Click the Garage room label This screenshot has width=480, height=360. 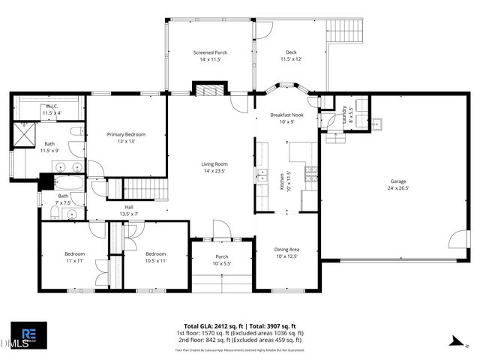pyautogui.click(x=397, y=184)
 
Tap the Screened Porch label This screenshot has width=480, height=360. pyautogui.click(x=210, y=55)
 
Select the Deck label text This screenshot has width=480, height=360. pyautogui.click(x=290, y=55)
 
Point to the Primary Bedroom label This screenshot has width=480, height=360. pyautogui.click(x=125, y=137)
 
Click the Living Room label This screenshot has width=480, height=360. pyautogui.click(x=214, y=167)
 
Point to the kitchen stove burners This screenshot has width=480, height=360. pyautogui.click(x=310, y=175)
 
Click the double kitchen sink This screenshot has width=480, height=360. pyautogui.click(x=262, y=177)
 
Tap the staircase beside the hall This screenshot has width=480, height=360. pyautogui.click(x=142, y=189)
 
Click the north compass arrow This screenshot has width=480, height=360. pyautogui.click(x=454, y=341)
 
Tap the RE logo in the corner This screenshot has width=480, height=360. pyautogui.click(x=28, y=334)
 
